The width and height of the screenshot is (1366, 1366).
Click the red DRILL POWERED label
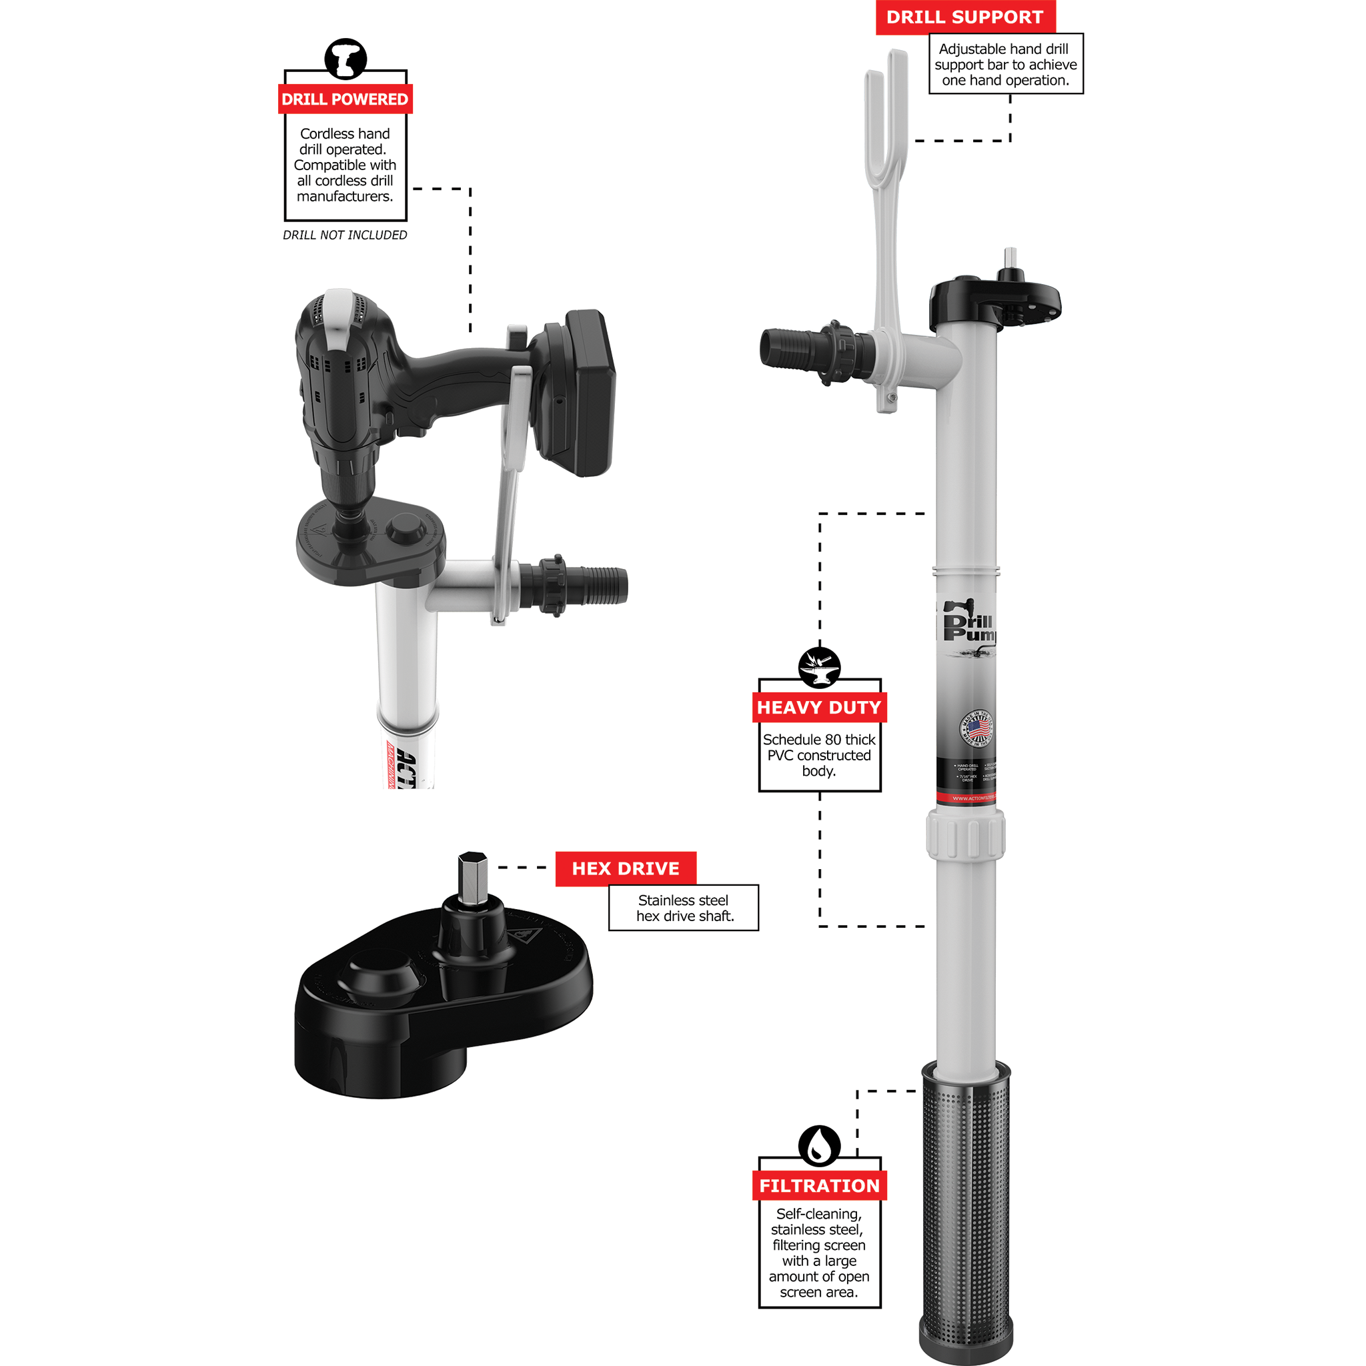[345, 99]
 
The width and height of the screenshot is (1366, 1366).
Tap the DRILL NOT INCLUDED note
[345, 235]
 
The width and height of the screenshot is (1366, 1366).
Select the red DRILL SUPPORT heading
[964, 17]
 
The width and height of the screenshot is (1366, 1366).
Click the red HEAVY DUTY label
[819, 707]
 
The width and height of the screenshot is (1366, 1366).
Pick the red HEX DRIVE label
[625, 868]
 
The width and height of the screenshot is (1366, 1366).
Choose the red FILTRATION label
[819, 1186]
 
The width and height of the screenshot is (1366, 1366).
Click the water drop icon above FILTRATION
[819, 1145]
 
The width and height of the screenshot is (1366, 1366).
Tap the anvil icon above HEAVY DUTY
[819, 667]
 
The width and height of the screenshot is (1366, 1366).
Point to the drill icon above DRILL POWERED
[345, 59]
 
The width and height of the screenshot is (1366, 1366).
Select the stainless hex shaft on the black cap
[472, 876]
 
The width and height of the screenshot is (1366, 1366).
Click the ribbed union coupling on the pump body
[966, 836]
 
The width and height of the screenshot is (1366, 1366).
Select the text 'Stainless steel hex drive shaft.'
[684, 908]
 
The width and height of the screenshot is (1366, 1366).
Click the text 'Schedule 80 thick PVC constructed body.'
[819, 755]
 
